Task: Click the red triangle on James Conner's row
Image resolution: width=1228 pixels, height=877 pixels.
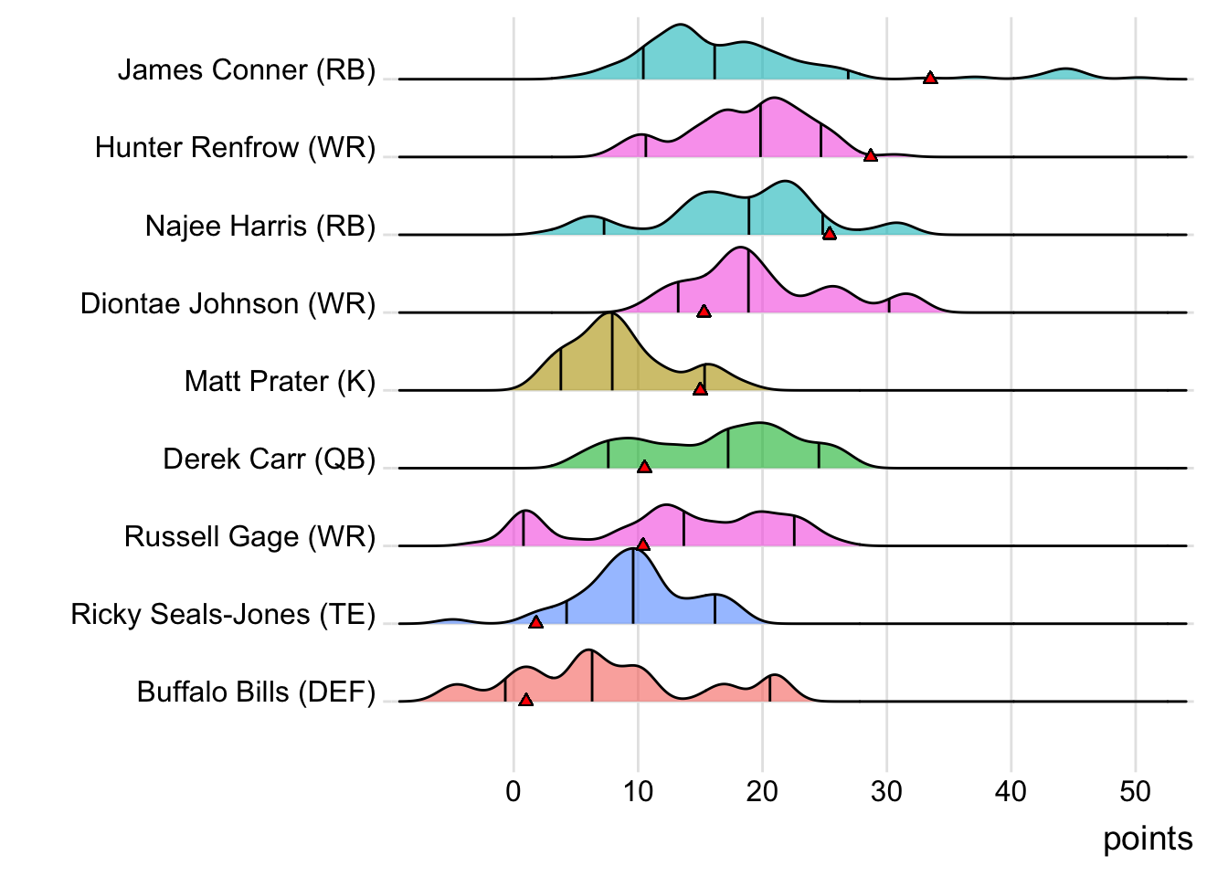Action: [x=930, y=78]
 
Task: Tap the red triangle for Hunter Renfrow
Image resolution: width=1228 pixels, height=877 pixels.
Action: [x=871, y=155]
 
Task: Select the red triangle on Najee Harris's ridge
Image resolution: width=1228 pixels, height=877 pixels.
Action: [x=830, y=233]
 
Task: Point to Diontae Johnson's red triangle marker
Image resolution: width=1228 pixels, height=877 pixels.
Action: [x=704, y=311]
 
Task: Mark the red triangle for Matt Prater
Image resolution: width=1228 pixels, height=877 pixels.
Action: [x=700, y=388]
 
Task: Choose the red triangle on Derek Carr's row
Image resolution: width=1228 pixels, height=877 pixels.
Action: [x=644, y=466]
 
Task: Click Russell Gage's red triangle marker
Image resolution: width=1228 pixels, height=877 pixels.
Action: [x=643, y=544]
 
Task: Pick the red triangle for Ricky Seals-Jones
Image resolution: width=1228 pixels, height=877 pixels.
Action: [x=535, y=621]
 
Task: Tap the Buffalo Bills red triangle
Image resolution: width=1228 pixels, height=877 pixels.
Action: [x=525, y=699]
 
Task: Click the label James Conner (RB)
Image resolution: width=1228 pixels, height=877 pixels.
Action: [x=247, y=70]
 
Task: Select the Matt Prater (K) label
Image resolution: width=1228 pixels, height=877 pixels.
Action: [x=280, y=381]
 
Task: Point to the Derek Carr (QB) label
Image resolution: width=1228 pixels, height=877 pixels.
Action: [x=269, y=459]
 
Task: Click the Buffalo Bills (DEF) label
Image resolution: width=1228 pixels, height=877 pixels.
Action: [x=256, y=692]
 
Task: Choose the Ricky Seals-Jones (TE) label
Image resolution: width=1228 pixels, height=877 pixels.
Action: [x=223, y=615]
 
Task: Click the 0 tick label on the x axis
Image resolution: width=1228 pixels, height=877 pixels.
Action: [x=513, y=791]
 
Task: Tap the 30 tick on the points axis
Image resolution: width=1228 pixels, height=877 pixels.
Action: [x=886, y=791]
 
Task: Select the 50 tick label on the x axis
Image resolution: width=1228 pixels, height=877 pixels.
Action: [x=1135, y=791]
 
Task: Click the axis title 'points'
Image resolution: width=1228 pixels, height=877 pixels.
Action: [x=1148, y=839]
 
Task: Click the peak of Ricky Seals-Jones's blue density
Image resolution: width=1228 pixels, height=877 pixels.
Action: [x=632, y=550]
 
